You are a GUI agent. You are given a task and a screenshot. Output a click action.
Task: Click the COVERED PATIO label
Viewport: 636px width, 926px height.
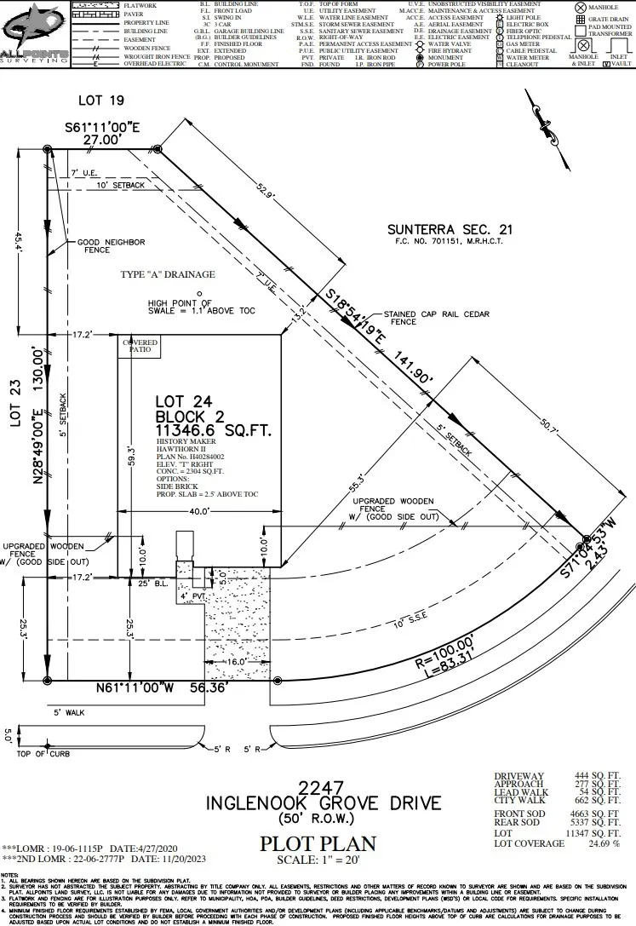tap(141, 346)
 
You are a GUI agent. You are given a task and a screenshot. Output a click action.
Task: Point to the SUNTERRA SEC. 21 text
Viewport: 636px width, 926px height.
tap(450, 229)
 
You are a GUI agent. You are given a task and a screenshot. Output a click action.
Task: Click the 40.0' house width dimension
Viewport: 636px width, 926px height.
tap(199, 511)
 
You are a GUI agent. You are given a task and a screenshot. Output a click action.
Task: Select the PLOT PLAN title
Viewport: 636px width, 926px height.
tap(318, 844)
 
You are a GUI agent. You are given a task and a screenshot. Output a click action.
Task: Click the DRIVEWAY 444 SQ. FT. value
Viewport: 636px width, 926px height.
tap(593, 777)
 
